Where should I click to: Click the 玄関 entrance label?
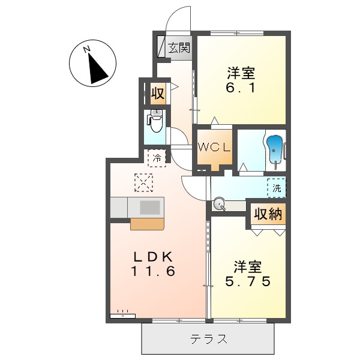179,48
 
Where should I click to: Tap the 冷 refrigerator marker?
156,158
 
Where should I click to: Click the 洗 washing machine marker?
277,188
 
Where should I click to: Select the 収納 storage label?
268,214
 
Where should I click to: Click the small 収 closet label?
157,94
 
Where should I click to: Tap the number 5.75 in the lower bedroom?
247,280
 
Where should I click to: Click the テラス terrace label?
209,339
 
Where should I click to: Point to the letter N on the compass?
87,49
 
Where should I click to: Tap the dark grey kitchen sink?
151,207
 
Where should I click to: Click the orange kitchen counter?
148,224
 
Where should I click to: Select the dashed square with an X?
144,182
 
